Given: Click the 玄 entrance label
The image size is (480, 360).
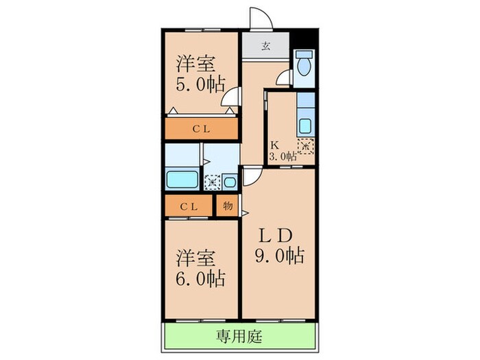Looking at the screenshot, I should pyautogui.click(x=265, y=47).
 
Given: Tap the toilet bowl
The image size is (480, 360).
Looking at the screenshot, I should pyautogui.click(x=303, y=65).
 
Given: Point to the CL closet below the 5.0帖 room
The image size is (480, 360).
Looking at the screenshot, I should pyautogui.click(x=200, y=128).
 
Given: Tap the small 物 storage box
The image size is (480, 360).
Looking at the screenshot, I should pyautogui.click(x=227, y=206).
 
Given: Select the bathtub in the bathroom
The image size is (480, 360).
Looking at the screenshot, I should pyautogui.click(x=182, y=180).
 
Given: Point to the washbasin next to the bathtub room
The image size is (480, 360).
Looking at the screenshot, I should pyautogui.click(x=230, y=181).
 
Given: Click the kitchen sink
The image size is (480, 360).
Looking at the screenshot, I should pyautogui.click(x=305, y=126).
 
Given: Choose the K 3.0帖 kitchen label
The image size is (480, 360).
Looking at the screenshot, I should pyautogui.click(x=282, y=151).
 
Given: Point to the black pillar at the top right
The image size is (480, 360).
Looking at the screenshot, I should pyautogui.click(x=308, y=37).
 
